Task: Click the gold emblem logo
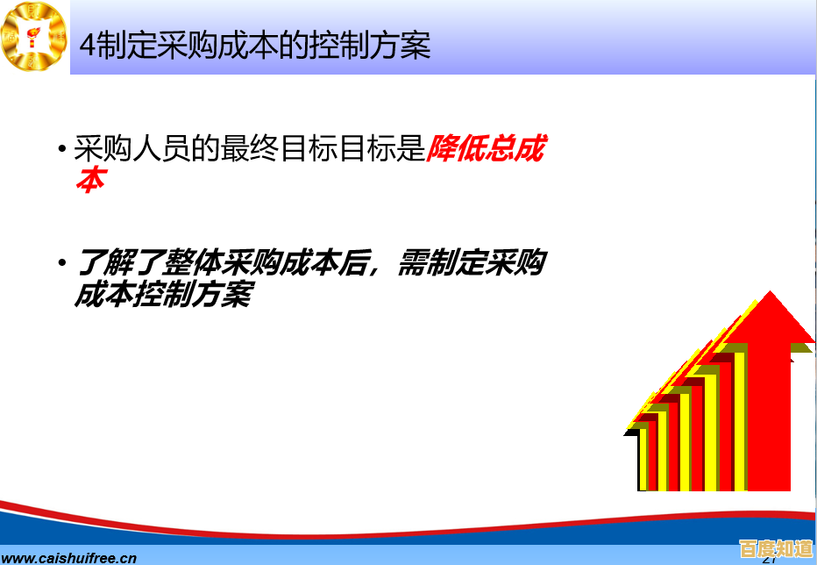[33, 36]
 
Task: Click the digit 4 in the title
[87, 46]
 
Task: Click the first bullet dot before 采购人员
[61, 148]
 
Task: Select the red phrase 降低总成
[485, 150]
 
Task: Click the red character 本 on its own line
[89, 180]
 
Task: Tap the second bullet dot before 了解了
[61, 262]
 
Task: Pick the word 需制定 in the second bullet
[438, 264]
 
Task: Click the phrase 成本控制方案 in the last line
[162, 295]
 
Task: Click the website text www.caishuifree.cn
[70, 556]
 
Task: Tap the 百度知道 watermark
[777, 549]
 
